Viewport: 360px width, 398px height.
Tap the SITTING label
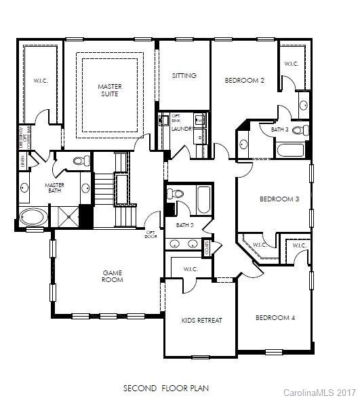point(184,75)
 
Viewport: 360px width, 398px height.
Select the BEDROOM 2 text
point(244,80)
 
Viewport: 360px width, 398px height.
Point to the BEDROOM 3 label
point(279,199)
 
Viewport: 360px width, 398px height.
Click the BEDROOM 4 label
point(275,317)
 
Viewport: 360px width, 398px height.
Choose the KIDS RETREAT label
point(201,319)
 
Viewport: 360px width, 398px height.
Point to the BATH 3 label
point(279,129)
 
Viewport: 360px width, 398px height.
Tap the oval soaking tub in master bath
point(33,218)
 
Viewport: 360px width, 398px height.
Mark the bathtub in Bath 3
point(292,149)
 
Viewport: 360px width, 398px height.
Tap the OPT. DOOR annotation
point(150,233)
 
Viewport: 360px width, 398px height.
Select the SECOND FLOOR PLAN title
point(165,389)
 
